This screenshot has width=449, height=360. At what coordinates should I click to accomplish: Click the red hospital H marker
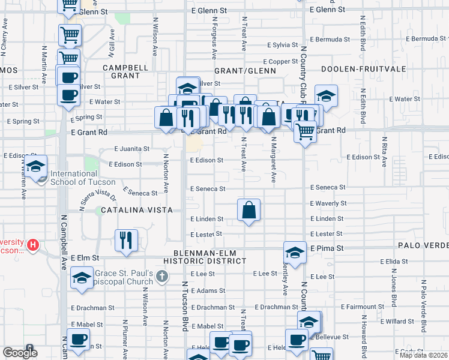click(34, 245)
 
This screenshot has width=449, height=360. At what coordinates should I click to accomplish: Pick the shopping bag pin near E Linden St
click(249, 211)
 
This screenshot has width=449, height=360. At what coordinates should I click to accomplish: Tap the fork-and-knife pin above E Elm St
click(126, 241)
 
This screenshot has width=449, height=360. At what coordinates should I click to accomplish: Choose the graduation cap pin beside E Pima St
click(295, 253)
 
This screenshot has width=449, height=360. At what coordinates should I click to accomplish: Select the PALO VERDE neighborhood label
click(423, 247)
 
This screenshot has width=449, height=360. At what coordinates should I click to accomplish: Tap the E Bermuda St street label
click(327, 39)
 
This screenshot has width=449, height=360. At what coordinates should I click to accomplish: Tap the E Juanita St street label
click(131, 149)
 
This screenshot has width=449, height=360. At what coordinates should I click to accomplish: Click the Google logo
click(20, 353)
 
